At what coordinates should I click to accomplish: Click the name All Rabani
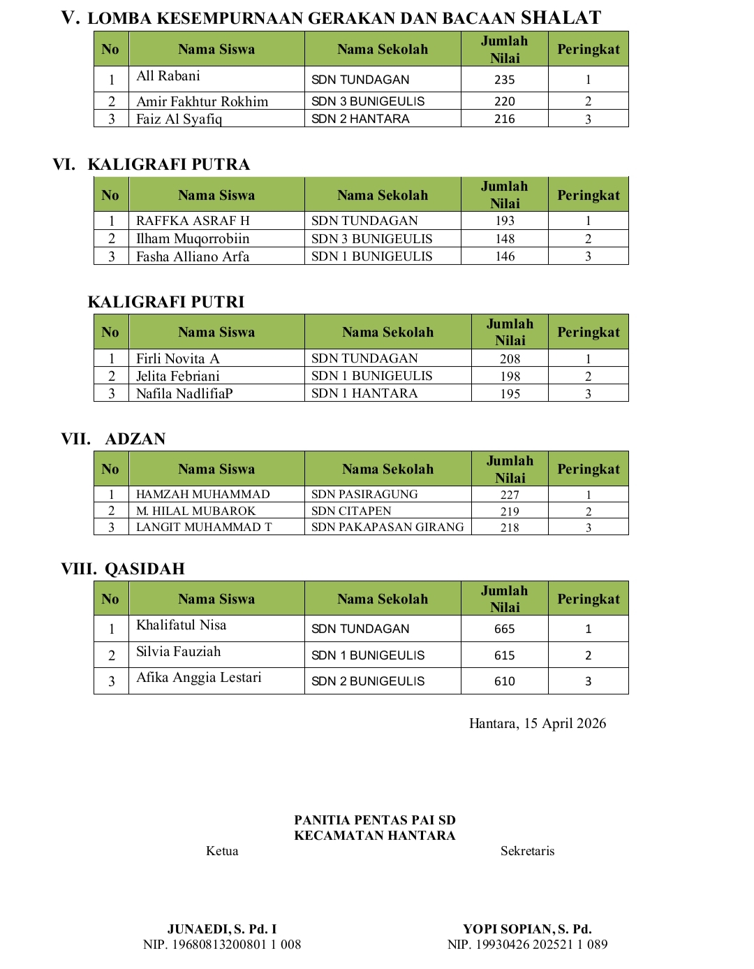coord(168,76)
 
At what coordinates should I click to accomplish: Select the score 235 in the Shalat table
coord(504,80)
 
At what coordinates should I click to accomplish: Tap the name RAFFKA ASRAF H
coord(193,221)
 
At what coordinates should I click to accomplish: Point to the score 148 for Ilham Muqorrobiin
coord(504,239)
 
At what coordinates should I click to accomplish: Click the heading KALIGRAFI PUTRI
coord(166,302)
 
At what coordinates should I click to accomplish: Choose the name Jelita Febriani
coord(177,376)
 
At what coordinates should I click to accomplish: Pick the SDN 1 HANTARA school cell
coord(364,393)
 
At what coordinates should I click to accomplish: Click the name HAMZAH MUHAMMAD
coord(202,494)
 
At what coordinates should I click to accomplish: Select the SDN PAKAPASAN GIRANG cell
coord(387,527)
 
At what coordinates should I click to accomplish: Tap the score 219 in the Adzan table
coord(510,511)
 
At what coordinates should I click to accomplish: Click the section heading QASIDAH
coord(145,569)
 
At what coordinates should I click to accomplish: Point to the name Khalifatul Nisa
coord(181,625)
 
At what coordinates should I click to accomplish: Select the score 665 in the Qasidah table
coord(504,629)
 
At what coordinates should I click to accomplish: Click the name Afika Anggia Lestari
coord(198,678)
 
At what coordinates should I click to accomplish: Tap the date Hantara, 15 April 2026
coord(538,724)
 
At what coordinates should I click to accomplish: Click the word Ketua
coord(222,851)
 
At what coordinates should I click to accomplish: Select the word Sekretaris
coord(527,851)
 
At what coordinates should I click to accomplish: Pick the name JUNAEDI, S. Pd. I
coord(222,929)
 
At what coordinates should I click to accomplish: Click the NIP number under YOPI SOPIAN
coord(527,945)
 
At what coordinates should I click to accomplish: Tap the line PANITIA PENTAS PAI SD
coord(375,820)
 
